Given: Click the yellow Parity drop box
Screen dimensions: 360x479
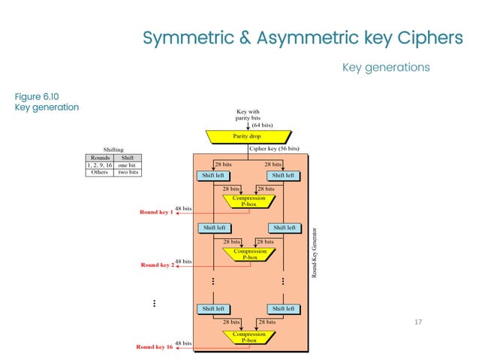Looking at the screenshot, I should (247, 136).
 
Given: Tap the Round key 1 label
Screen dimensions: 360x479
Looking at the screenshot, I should (156, 213).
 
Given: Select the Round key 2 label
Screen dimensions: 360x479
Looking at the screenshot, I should (157, 265).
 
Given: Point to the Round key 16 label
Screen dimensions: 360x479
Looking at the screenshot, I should (154, 347).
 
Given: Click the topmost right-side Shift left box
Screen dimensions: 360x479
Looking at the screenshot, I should (283, 176).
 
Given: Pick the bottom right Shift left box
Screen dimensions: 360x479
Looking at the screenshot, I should (283, 308).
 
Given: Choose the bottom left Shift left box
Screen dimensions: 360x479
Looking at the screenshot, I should (214, 308).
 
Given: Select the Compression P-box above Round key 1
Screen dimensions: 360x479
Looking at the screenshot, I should (249, 201).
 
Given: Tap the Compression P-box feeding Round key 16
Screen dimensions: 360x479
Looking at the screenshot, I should (249, 337).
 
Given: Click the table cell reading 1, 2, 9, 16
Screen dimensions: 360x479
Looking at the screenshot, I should (100, 165).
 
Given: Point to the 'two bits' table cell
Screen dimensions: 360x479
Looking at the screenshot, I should (128, 172).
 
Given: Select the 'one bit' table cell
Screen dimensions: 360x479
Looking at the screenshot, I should (128, 165).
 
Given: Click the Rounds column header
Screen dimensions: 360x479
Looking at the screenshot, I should (100, 157).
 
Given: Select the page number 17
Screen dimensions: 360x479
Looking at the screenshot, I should (419, 322).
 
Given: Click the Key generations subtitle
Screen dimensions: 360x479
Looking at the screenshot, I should (386, 68).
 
